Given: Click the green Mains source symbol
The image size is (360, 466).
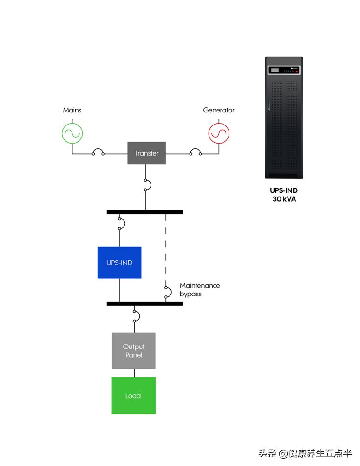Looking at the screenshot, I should pyautogui.click(x=73, y=132).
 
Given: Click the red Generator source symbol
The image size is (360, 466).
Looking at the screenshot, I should pyautogui.click(x=218, y=132).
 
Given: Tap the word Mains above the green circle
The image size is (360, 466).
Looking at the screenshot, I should pyautogui.click(x=72, y=110).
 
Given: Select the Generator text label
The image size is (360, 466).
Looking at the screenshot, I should pyautogui.click(x=219, y=110).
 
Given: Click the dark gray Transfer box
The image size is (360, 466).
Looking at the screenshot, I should pyautogui.click(x=146, y=153).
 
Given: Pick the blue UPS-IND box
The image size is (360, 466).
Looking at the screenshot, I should pyautogui.click(x=119, y=263).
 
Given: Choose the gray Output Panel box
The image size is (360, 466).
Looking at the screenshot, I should pyautogui.click(x=134, y=351).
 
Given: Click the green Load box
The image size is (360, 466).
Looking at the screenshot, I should pyautogui.click(x=133, y=395).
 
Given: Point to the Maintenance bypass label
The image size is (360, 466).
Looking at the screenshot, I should pyautogui.click(x=199, y=289).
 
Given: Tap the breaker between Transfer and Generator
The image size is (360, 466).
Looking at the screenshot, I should pyautogui.click(x=195, y=152).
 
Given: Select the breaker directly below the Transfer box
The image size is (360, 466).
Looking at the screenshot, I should pyautogui.click(x=147, y=185).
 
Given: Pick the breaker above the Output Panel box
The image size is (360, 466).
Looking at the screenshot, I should pyautogui.click(x=135, y=316).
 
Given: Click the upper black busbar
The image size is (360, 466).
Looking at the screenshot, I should pyautogui.click(x=144, y=212).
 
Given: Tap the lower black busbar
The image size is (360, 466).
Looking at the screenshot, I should pyautogui.click(x=144, y=303).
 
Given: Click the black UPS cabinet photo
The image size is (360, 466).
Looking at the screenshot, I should pyautogui.click(x=284, y=121).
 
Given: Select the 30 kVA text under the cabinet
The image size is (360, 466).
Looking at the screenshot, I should pyautogui.click(x=284, y=199).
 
